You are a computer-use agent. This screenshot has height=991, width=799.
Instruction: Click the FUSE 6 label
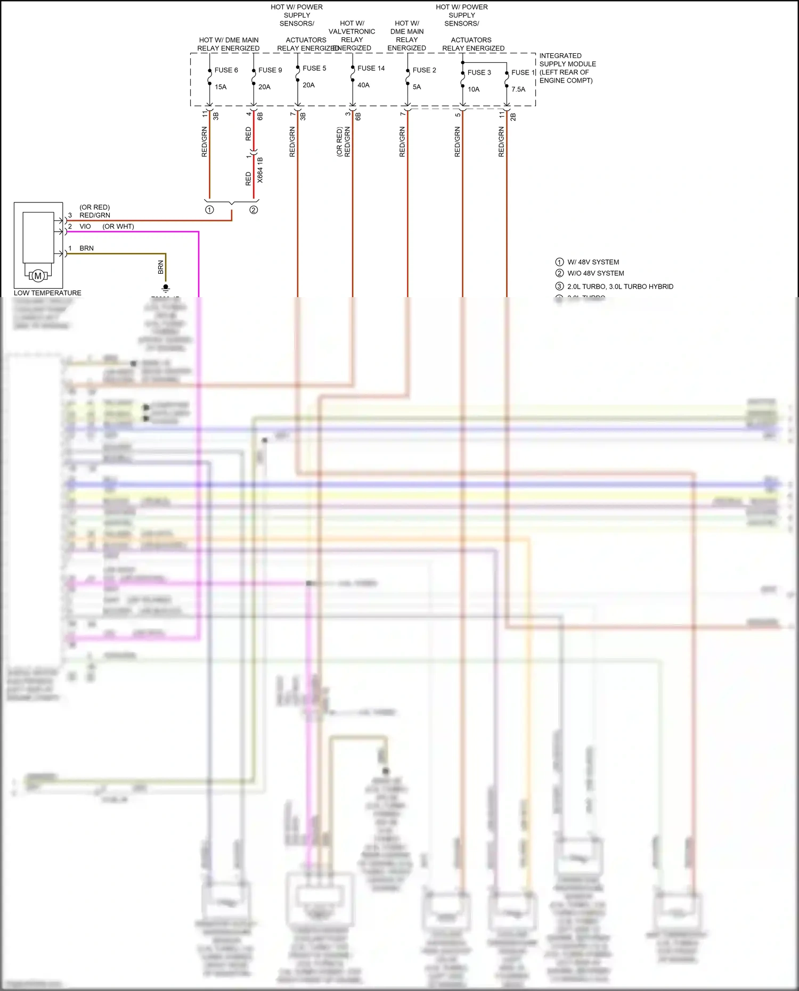tap(226, 70)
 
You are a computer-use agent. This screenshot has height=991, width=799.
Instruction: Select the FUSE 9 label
tap(270, 70)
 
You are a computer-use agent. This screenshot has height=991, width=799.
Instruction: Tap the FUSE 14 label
tap(371, 68)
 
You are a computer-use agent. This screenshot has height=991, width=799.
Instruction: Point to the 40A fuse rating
tap(363, 85)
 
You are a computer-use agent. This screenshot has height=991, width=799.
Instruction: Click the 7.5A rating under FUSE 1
tap(518, 89)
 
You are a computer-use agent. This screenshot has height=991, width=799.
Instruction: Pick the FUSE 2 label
tap(424, 70)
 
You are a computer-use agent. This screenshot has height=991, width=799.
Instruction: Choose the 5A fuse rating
tap(417, 87)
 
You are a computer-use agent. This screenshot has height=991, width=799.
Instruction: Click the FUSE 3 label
tap(479, 72)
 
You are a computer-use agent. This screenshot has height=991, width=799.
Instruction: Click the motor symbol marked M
tap(38, 276)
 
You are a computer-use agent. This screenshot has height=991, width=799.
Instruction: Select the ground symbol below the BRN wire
tap(166, 288)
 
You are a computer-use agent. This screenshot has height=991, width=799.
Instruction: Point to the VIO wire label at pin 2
tap(85, 226)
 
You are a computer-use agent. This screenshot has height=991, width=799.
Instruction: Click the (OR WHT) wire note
tap(118, 226)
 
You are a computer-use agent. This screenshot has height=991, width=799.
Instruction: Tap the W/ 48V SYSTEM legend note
tap(593, 262)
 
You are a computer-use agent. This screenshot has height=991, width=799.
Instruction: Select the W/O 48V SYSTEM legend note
tap(596, 273)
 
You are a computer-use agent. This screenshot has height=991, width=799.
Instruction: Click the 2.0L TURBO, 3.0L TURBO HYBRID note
tap(620, 286)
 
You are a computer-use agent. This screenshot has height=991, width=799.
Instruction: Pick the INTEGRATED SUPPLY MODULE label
tap(567, 68)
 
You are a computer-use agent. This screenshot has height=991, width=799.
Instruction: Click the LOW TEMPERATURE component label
tap(47, 293)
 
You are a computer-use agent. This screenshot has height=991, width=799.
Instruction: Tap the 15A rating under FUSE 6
tap(221, 87)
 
